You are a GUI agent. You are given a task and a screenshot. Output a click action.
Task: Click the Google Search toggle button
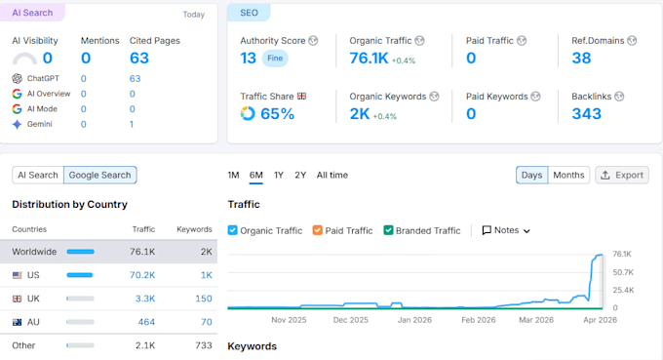click(x=99, y=176)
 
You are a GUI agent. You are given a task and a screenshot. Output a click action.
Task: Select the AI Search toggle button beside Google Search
click(x=38, y=176)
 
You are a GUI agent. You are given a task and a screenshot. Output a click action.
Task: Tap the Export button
click(x=622, y=176)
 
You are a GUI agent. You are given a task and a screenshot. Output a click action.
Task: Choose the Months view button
click(x=568, y=176)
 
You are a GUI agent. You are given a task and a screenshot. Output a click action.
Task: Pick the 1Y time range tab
click(x=278, y=176)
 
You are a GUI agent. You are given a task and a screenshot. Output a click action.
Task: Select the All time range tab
click(x=332, y=176)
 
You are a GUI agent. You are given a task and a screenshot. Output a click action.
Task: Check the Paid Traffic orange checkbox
click(x=317, y=230)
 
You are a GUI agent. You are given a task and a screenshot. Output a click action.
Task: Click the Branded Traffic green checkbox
click(x=388, y=230)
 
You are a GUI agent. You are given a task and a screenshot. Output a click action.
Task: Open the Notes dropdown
click(x=506, y=230)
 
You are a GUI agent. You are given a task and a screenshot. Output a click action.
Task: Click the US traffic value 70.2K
click(x=142, y=275)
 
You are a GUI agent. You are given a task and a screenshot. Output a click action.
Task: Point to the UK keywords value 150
click(x=204, y=299)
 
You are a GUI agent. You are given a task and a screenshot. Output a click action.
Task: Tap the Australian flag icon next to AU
click(x=17, y=322)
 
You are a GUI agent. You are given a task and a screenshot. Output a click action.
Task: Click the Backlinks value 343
click(x=587, y=114)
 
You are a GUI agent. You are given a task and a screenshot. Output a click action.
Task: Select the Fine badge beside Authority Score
click(x=275, y=59)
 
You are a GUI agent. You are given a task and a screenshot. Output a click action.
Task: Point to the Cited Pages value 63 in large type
click(x=139, y=58)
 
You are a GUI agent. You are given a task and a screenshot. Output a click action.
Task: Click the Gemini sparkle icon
click(x=17, y=124)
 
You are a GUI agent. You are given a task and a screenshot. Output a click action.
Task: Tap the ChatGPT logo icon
click(x=17, y=78)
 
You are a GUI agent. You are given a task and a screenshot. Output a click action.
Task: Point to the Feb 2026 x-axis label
click(x=478, y=320)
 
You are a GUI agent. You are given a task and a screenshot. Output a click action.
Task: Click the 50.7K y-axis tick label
click(x=623, y=272)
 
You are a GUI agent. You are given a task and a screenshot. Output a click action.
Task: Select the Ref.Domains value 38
click(x=581, y=58)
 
